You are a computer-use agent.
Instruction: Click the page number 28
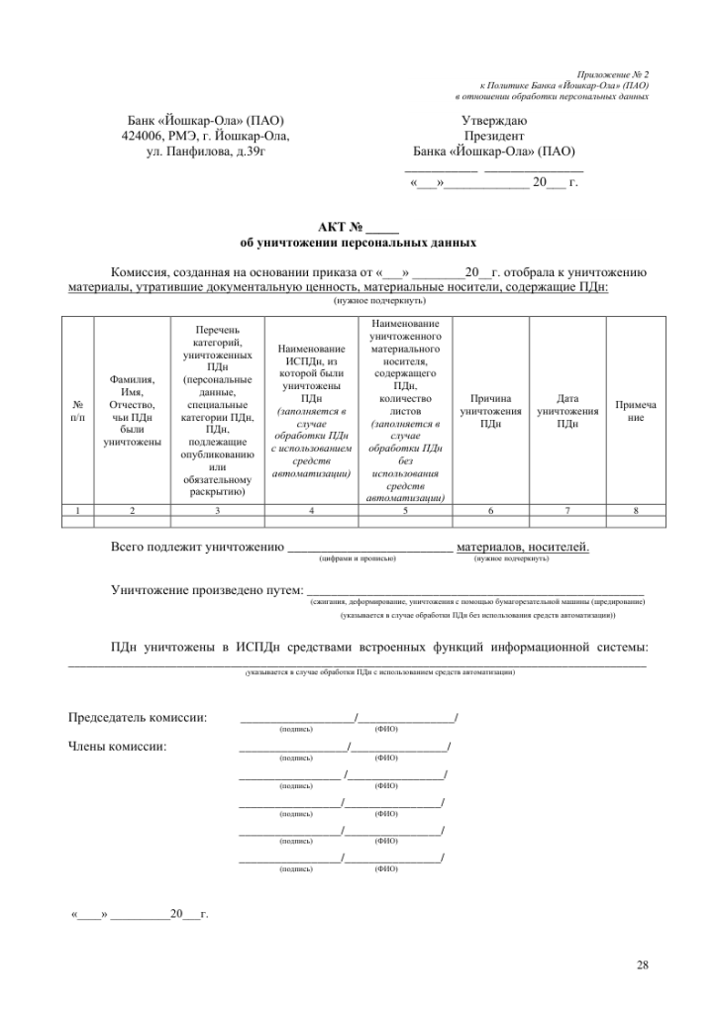(643, 964)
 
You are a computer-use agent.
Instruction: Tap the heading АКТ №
(344, 228)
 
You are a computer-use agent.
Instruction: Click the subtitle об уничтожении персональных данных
(344, 242)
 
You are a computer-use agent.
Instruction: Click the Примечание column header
(635, 411)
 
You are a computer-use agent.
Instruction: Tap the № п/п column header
(78, 411)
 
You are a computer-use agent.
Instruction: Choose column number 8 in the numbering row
(635, 510)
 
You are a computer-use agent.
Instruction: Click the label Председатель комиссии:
(138, 717)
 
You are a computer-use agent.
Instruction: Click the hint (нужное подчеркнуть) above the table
(380, 300)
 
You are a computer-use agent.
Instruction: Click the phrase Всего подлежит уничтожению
(197, 547)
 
